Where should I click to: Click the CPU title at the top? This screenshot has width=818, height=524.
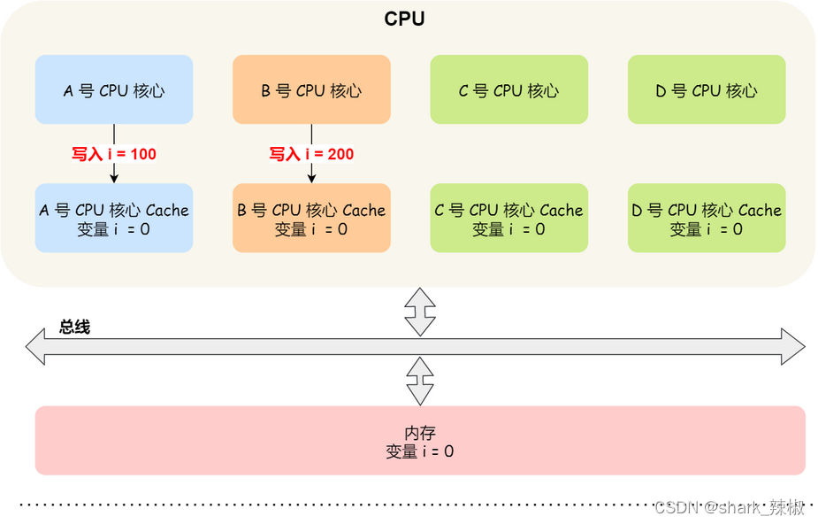tap(404, 19)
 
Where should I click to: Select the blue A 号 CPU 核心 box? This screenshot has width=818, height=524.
tap(114, 89)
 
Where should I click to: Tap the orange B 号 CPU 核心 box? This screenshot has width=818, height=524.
tap(311, 89)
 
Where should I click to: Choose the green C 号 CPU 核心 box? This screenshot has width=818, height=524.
tap(508, 89)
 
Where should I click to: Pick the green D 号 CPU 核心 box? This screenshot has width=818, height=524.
tap(707, 89)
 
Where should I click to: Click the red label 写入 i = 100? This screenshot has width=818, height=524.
tap(114, 154)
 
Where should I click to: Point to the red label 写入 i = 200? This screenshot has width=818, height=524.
tap(311, 154)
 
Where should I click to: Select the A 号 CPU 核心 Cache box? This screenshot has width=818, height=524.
tap(114, 219)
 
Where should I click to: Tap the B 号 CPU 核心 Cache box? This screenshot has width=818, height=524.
tap(311, 219)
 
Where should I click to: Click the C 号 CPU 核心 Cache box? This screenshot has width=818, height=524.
tap(508, 219)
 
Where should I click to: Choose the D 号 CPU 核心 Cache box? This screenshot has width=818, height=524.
tap(707, 219)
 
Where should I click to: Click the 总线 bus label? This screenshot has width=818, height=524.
tap(75, 327)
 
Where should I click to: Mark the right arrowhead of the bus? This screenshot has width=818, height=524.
tap(793, 346)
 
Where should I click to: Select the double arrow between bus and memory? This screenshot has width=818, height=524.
tap(420, 381)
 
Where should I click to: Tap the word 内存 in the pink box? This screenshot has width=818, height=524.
tap(420, 433)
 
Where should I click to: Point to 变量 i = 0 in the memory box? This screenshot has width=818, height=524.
tap(420, 451)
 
